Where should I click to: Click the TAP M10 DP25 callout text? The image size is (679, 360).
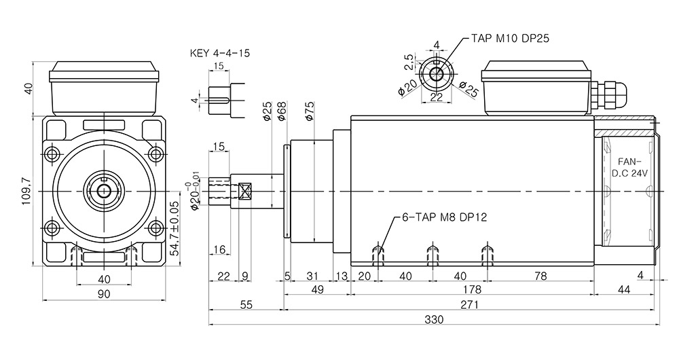[x=510, y=39]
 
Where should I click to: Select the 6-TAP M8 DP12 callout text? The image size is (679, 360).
[x=445, y=218]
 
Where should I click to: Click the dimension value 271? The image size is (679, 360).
[x=469, y=305]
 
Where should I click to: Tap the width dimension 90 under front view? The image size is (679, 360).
[x=105, y=293]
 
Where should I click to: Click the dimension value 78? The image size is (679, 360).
[x=540, y=276]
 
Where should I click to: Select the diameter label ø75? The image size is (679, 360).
[x=310, y=111]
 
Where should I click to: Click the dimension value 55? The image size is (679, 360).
[x=246, y=305]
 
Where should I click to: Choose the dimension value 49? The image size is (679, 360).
[x=317, y=290]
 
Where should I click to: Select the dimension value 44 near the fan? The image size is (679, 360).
[x=623, y=290]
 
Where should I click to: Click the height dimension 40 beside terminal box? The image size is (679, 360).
[x=28, y=89]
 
